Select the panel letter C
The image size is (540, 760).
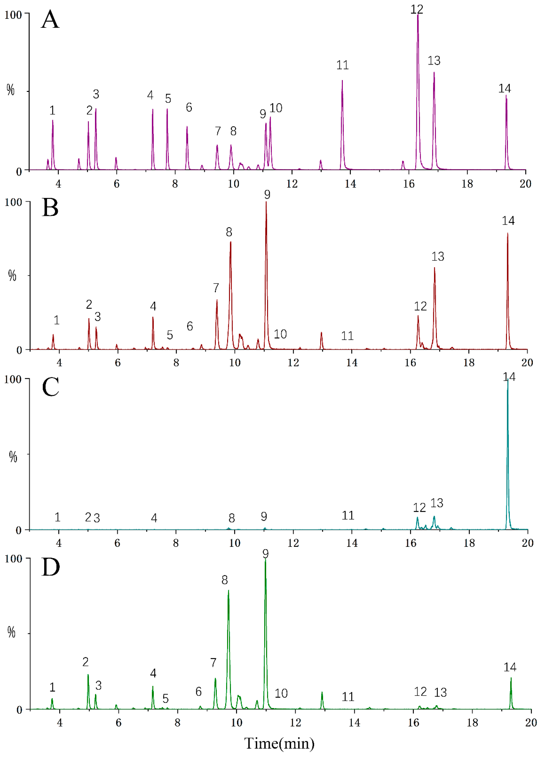[51, 387]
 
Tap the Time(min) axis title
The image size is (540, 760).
[279, 744]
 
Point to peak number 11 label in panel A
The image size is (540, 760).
[343, 65]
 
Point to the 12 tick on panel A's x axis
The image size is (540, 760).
[292, 184]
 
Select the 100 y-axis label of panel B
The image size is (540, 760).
[13, 203]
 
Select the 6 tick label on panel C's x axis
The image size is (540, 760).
[117, 543]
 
